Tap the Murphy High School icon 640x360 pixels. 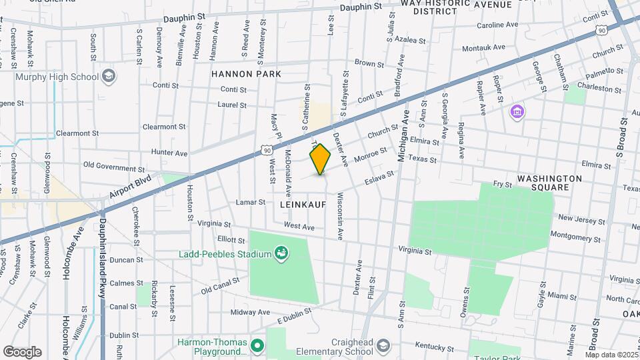(x=108, y=77)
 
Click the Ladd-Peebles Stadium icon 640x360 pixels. (x=282, y=253)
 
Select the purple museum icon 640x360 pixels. (x=516, y=111)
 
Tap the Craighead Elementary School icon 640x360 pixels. (x=383, y=345)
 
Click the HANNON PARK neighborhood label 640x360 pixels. (x=246, y=74)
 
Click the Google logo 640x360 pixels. (x=22, y=352)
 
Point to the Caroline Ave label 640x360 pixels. (x=497, y=25)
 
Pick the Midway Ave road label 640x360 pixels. (x=249, y=312)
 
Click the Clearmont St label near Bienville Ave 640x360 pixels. (x=164, y=127)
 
